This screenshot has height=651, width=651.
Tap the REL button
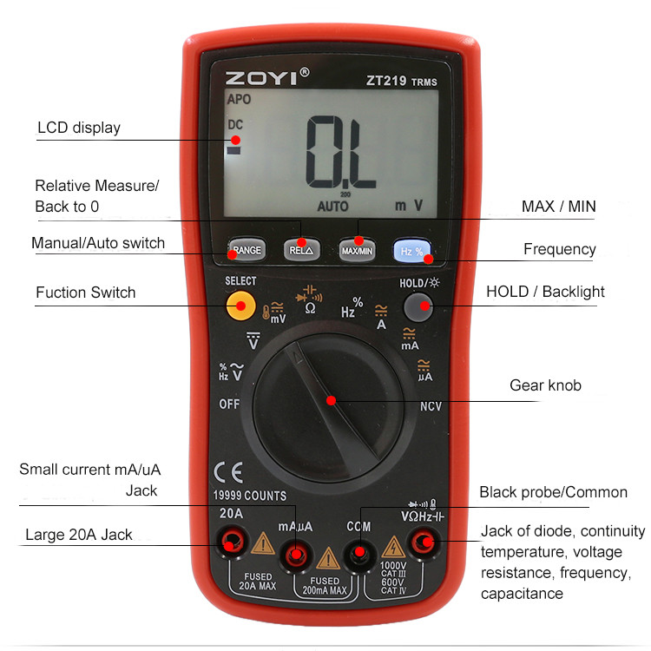click(302, 249)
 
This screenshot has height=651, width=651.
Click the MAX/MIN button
click(357, 250)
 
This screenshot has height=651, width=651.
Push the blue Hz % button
click(411, 250)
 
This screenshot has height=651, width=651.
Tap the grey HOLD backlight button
click(418, 307)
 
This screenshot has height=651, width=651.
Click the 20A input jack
click(232, 542)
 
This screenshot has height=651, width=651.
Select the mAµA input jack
click(296, 555)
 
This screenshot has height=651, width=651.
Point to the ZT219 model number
click(386, 80)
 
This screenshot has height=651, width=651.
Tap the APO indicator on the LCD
click(239, 99)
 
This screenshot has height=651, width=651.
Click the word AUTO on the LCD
click(332, 206)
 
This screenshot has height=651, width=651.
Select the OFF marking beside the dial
click(229, 404)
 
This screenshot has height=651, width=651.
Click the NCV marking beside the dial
click(431, 406)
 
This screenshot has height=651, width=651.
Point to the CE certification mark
click(228, 472)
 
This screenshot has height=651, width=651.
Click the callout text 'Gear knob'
click(545, 385)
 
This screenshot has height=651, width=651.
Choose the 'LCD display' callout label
click(79, 128)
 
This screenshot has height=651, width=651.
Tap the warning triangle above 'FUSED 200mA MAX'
click(328, 558)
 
